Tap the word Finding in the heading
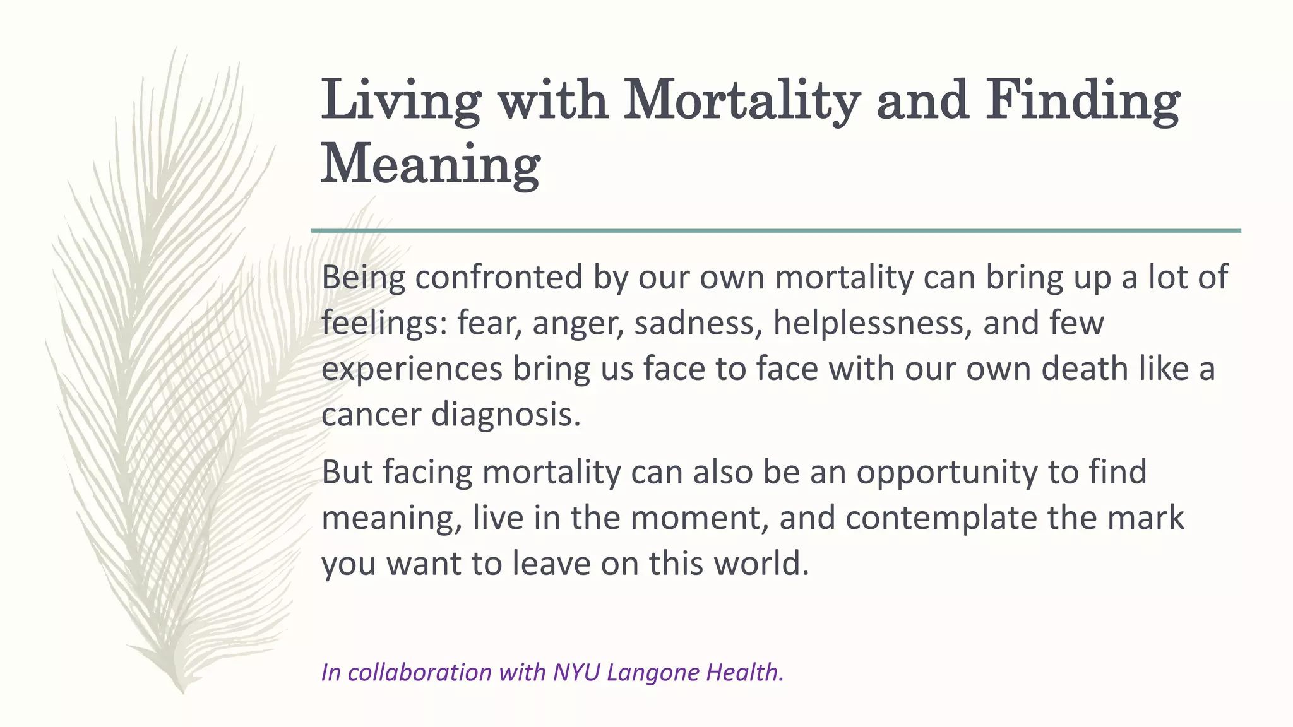1083,101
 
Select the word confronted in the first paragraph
498,278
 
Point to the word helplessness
872,323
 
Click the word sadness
698,323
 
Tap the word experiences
412,369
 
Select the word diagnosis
506,415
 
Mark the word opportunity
947,473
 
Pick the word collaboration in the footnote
419,673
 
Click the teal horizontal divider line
776,231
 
